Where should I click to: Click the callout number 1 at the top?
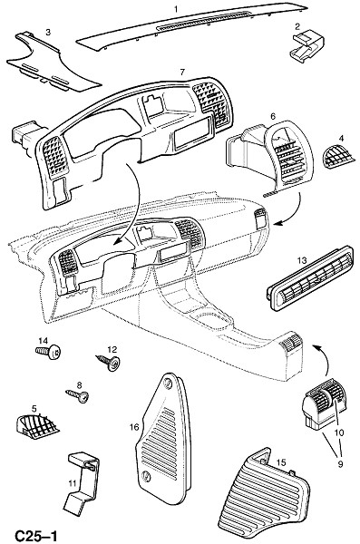pos(176,9)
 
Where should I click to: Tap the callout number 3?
pos(48,32)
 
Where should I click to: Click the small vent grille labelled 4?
pos(338,157)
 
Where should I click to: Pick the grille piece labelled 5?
pos(37,425)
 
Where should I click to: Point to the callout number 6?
pos(273,117)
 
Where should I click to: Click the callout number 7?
pos(182,73)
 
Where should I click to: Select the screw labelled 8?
pos(77,395)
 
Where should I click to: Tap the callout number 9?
pos(340,464)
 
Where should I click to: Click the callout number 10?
pos(339,432)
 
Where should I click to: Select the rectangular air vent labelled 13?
pos(309,278)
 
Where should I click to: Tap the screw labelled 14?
pos(48,352)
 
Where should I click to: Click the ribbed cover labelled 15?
pos(263,497)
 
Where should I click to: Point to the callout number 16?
pos(134,427)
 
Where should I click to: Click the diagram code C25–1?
pos(35,536)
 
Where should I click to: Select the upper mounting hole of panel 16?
pos(168,383)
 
